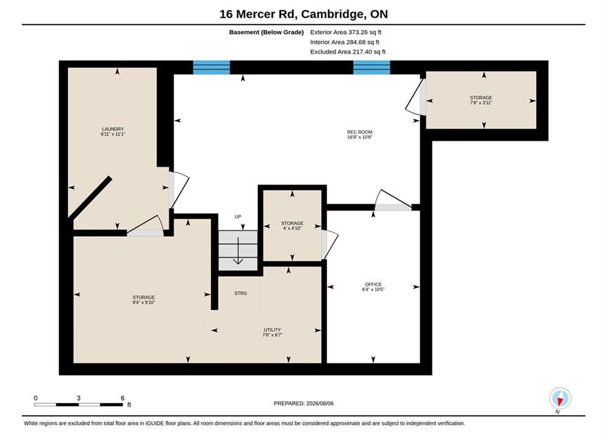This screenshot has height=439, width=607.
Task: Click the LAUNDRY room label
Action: (113, 132)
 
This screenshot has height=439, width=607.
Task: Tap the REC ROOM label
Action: (360, 135)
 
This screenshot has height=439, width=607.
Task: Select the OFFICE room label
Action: (373, 287)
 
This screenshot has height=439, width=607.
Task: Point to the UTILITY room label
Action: (272, 332)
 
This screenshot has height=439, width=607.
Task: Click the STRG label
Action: (240, 293)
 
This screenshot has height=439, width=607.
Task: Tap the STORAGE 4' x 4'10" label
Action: (292, 226)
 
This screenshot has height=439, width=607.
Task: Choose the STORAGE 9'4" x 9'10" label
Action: (143, 300)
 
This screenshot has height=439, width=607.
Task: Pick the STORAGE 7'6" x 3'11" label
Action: (481, 100)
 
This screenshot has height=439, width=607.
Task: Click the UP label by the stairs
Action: (238, 216)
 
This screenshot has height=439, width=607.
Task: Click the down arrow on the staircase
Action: (238, 251)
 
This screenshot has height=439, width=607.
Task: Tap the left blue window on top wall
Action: (211, 67)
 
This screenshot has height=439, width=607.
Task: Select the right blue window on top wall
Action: (372, 67)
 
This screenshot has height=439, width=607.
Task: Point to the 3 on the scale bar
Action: (79, 398)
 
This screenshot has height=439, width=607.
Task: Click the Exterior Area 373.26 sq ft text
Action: (346, 32)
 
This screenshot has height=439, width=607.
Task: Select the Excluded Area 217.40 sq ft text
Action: (348, 51)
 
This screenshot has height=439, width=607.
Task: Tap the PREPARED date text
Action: (304, 404)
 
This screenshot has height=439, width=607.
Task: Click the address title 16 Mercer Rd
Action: (258, 14)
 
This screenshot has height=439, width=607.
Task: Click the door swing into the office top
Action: (392, 198)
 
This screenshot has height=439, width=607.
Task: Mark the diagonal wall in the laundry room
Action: (90, 198)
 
